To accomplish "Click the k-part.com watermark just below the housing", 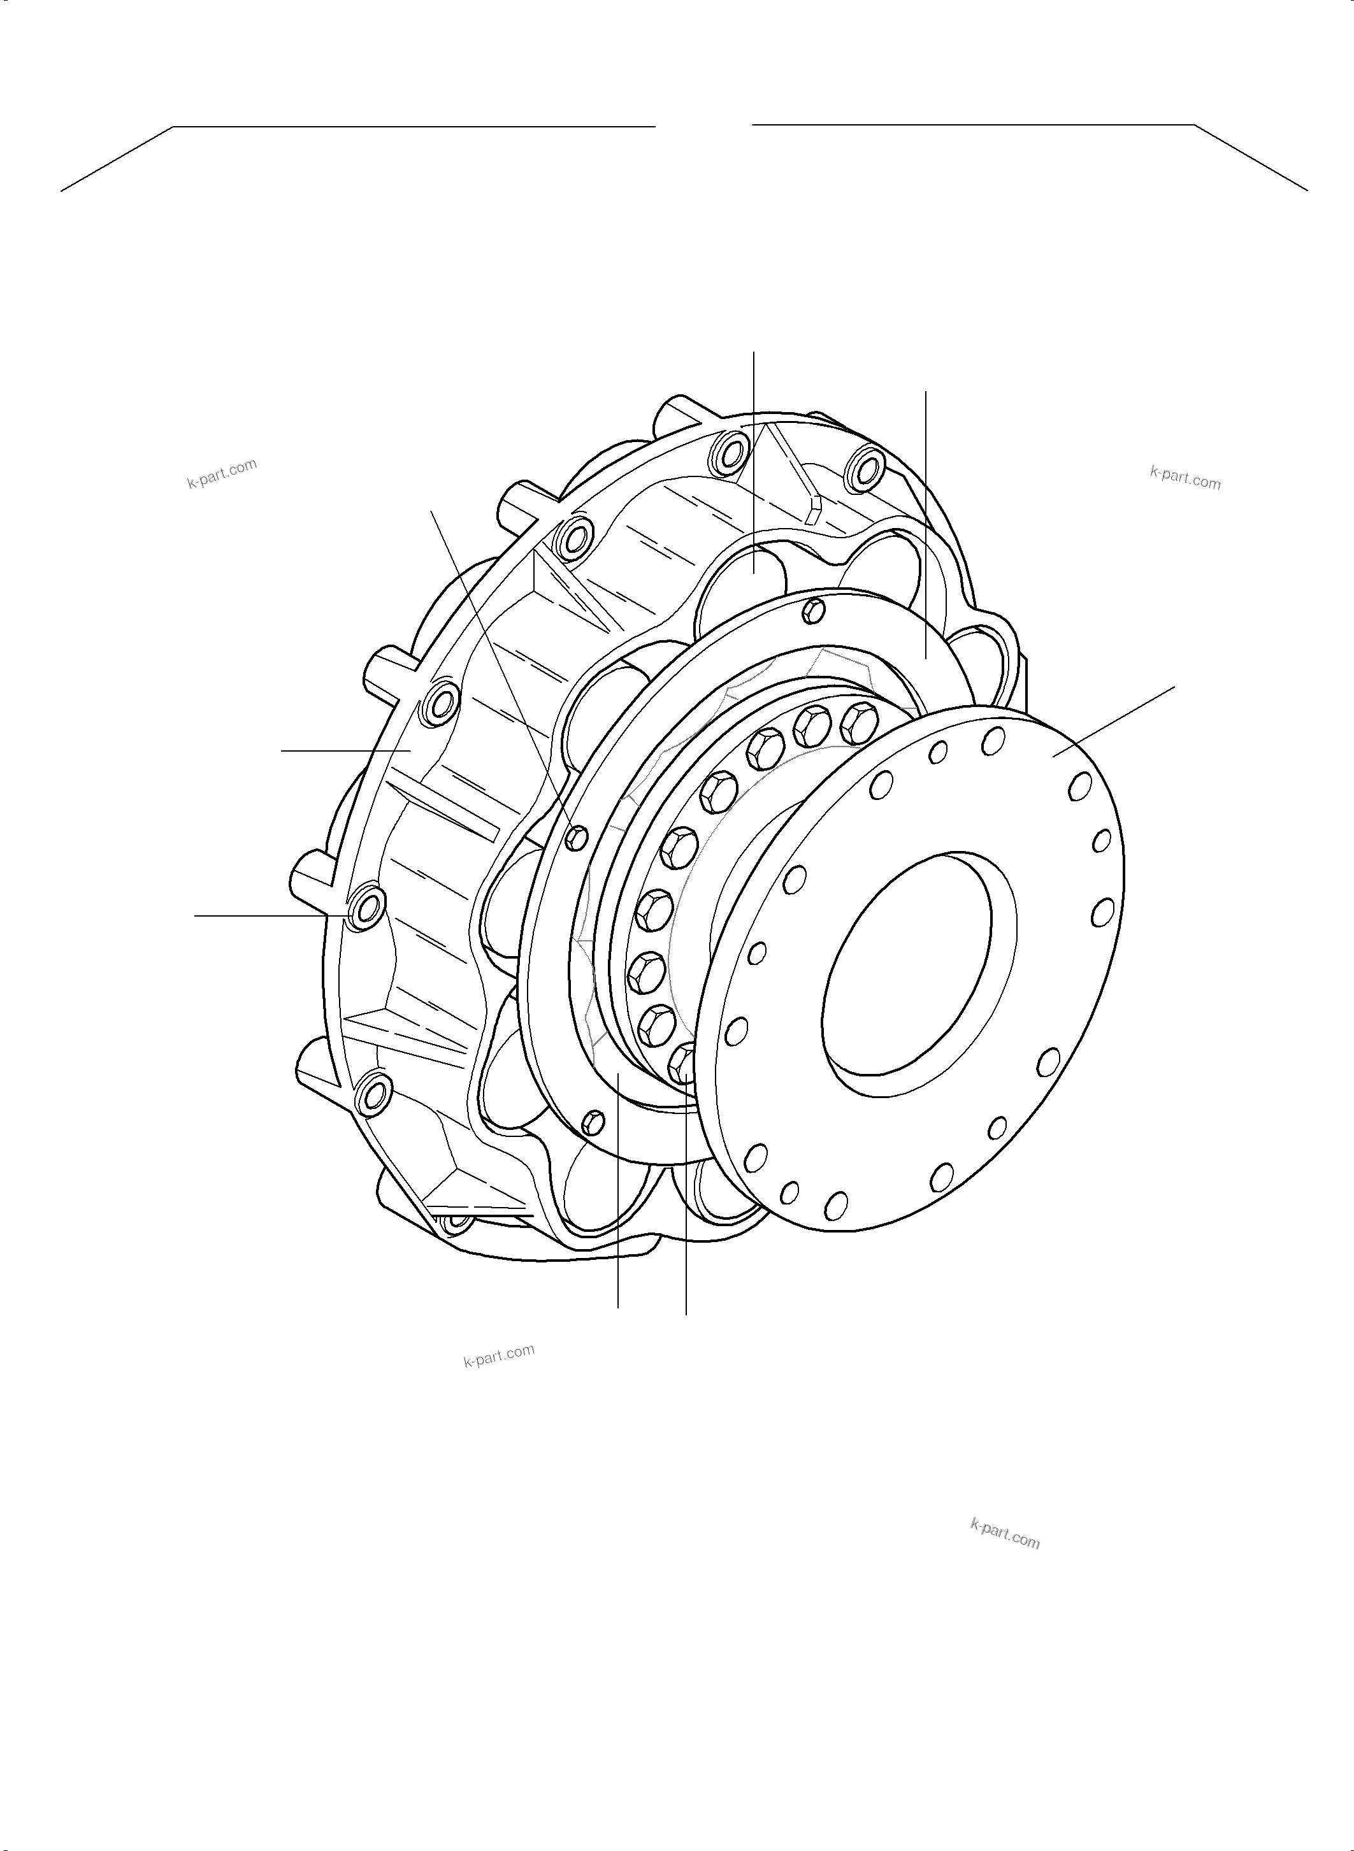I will click(x=498, y=1356).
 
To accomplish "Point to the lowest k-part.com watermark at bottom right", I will click(x=1005, y=1533).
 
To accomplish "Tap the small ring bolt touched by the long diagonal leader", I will click(x=577, y=836).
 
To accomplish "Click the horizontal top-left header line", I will click(x=414, y=127).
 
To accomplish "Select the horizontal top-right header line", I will click(x=973, y=125).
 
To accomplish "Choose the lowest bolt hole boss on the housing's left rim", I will click(x=373, y=1093).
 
